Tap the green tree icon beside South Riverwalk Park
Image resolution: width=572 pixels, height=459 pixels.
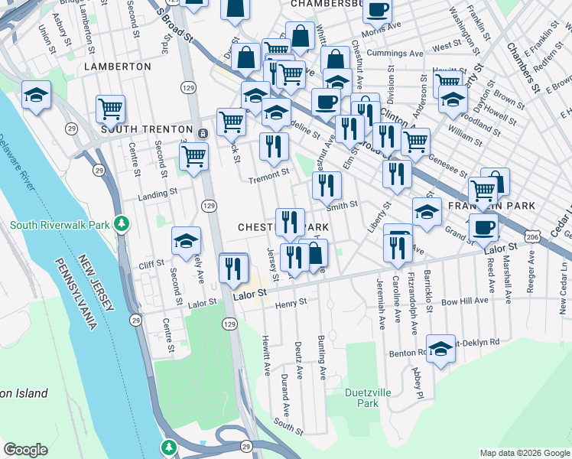click(120, 223)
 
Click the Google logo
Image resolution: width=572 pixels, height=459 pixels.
click(25, 450)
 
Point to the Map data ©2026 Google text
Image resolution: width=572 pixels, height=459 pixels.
click(525, 453)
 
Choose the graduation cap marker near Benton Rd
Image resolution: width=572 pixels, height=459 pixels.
click(440, 349)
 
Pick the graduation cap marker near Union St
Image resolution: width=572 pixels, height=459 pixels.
click(36, 95)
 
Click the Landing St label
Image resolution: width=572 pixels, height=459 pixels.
click(158, 195)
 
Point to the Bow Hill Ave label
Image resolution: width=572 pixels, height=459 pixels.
click(464, 301)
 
